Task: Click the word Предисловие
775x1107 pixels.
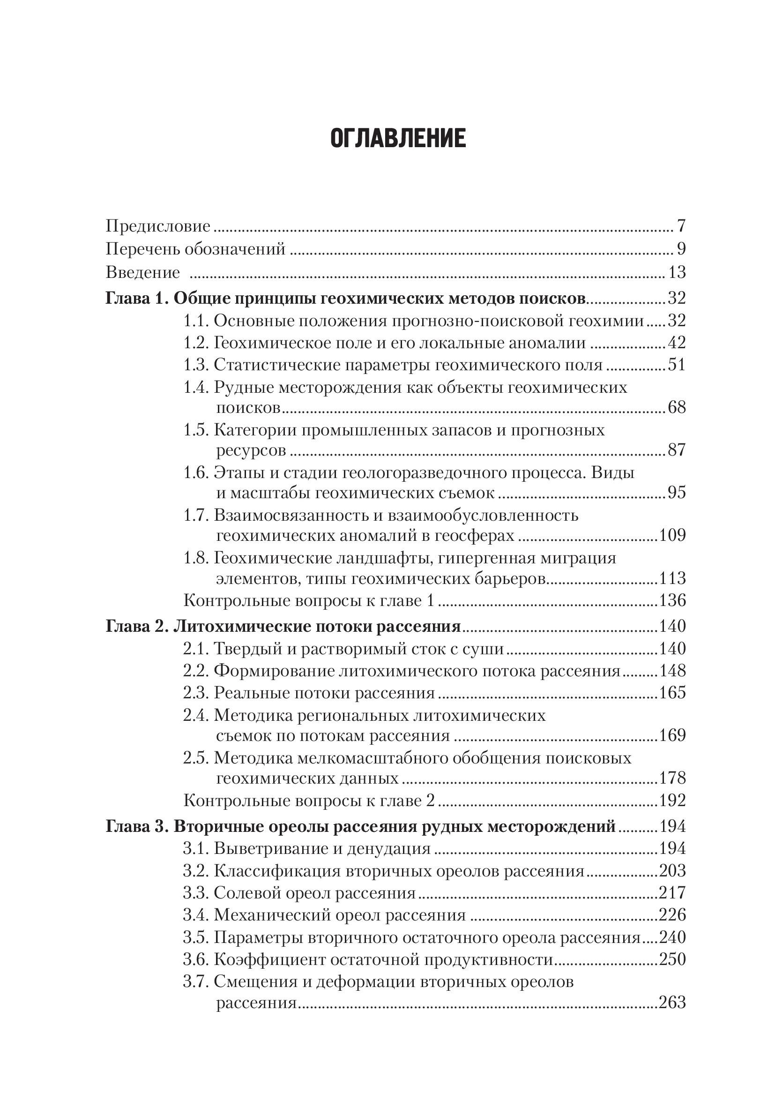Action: pos(158,225)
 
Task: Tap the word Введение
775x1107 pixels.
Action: pos(142,272)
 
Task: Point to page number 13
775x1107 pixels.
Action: pos(677,272)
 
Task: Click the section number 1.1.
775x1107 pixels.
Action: pos(195,321)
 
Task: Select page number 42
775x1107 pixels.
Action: pos(677,343)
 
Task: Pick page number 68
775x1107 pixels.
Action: pos(677,407)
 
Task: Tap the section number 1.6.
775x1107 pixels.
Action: pos(195,472)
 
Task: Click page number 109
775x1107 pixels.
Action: pos(672,535)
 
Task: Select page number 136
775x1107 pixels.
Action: pos(672,600)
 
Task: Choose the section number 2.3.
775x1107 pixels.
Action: pos(195,693)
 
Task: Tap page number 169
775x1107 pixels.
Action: pos(672,735)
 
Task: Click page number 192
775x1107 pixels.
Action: pos(672,800)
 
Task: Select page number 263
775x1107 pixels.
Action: pos(672,1002)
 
